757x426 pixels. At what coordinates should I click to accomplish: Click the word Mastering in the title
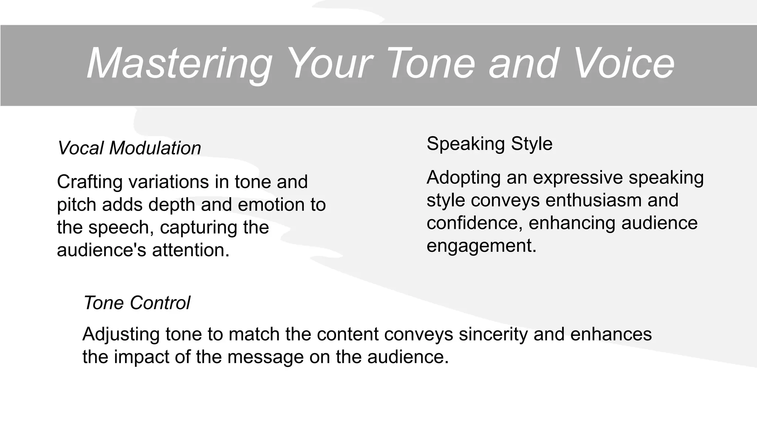180,64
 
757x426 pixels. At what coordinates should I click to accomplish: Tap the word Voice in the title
625,64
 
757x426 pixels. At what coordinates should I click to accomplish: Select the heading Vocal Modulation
129,148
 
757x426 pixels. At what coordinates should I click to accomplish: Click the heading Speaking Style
489,143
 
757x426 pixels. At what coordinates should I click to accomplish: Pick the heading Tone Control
137,303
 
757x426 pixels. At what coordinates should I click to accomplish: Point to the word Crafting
90,182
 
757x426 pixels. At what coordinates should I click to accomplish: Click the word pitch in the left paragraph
77,205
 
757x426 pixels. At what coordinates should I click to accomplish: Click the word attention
191,250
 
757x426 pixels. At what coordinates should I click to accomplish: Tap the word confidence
475,223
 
